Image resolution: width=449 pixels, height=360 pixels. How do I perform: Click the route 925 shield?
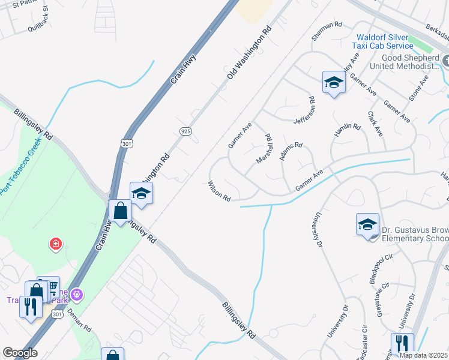coord(185,131)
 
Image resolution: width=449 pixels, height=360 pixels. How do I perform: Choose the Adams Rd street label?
coord(291,151)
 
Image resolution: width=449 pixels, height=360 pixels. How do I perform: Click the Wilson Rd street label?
coord(219,191)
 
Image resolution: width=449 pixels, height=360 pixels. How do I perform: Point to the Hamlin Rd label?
coord(348,131)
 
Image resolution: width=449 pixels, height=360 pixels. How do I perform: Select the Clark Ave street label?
coord(375,123)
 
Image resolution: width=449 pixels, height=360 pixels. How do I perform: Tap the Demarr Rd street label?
coord(79,321)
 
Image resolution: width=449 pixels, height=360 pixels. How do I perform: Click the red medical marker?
coord(55,244)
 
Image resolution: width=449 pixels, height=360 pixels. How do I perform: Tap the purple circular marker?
coord(76,295)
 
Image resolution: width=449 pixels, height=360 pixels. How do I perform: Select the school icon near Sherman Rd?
coord(334,83)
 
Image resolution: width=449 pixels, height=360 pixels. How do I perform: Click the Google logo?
coord(19,353)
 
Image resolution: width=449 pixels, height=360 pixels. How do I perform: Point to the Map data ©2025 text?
coord(423,355)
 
